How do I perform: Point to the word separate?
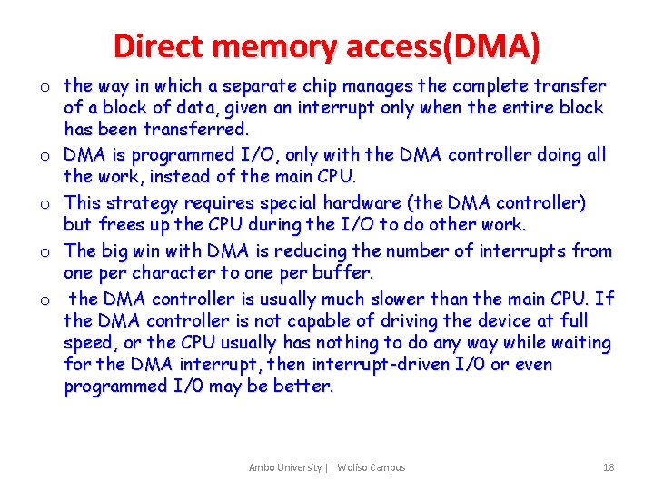pos(268,86)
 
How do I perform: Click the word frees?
pos(120,225)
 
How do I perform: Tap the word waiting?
pos(580,343)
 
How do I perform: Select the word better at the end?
pos(307,387)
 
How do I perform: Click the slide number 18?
pos(608,467)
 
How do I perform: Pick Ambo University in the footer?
pos(285,467)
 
